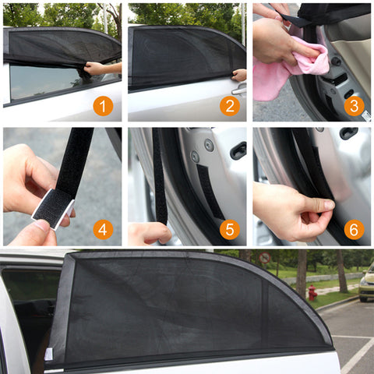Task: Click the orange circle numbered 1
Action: [x=103, y=106]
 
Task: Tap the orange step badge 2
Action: [x=229, y=106]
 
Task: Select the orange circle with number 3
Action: [x=354, y=106]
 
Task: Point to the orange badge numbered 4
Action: [x=103, y=229]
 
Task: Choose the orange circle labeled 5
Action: [x=229, y=229]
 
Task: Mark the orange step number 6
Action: [x=354, y=229]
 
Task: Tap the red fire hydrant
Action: [x=312, y=293]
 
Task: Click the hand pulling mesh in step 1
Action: [x=100, y=69]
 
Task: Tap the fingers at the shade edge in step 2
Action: [x=238, y=76]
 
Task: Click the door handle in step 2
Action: [x=237, y=90]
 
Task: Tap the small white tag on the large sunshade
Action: [x=48, y=354]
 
